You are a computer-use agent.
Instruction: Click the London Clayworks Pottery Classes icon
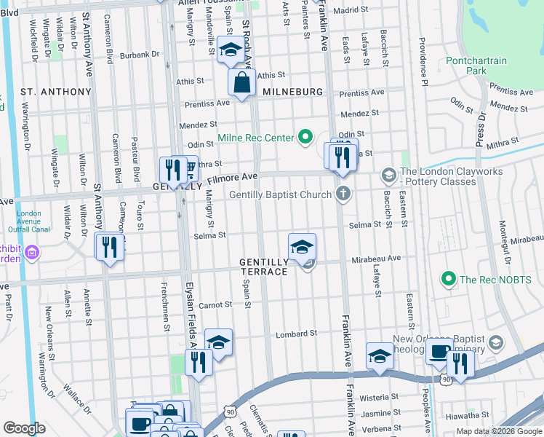pyautogui.click(x=388, y=176)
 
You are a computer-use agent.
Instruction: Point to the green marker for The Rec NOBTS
pyautogui.click(x=449, y=279)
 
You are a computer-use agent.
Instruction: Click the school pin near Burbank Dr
pyautogui.click(x=230, y=52)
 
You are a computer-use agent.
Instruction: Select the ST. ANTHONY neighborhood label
pyautogui.click(x=56, y=92)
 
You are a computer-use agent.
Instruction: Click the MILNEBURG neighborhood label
pyautogui.click(x=291, y=92)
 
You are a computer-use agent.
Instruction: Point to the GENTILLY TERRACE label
pyautogui.click(x=265, y=266)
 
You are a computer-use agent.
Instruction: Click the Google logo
pyautogui.click(x=24, y=428)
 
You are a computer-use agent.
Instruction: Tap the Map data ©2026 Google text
pyautogui.click(x=498, y=431)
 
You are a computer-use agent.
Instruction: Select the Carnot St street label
pyautogui.click(x=215, y=304)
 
